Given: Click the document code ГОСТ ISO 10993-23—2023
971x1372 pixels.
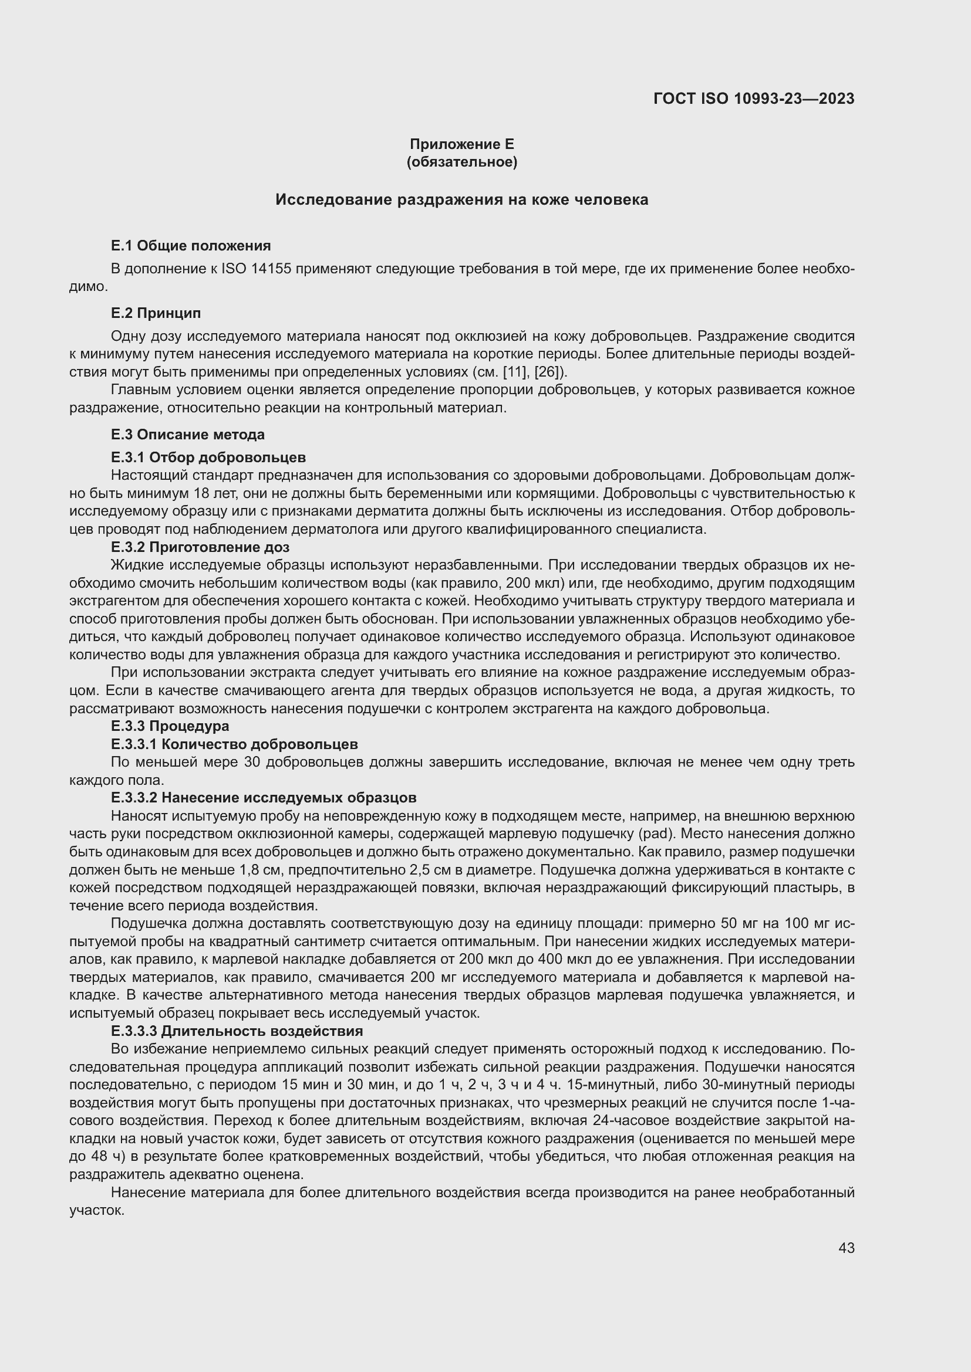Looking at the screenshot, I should (753, 99).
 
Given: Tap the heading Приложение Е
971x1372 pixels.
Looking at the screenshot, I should (461, 144).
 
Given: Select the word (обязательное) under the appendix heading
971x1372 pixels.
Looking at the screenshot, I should (461, 162).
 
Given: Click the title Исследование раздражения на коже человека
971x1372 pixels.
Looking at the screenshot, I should (461, 200).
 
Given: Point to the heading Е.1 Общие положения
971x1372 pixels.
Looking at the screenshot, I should (191, 246).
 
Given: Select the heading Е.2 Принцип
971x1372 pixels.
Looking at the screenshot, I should (156, 313).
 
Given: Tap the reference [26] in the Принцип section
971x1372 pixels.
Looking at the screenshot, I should (547, 372).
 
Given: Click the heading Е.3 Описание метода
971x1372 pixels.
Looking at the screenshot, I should (188, 435).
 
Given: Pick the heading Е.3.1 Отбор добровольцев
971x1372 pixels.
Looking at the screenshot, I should (208, 458).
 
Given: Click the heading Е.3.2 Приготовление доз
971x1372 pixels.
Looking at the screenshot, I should (200, 547).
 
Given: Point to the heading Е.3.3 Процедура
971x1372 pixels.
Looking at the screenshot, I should (170, 726).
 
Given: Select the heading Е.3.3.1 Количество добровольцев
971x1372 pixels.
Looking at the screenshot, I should (234, 744).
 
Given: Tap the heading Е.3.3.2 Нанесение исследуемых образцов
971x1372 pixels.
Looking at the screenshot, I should (263, 798).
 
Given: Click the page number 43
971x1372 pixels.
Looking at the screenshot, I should (846, 1248).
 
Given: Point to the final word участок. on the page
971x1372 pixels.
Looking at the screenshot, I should (97, 1211).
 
